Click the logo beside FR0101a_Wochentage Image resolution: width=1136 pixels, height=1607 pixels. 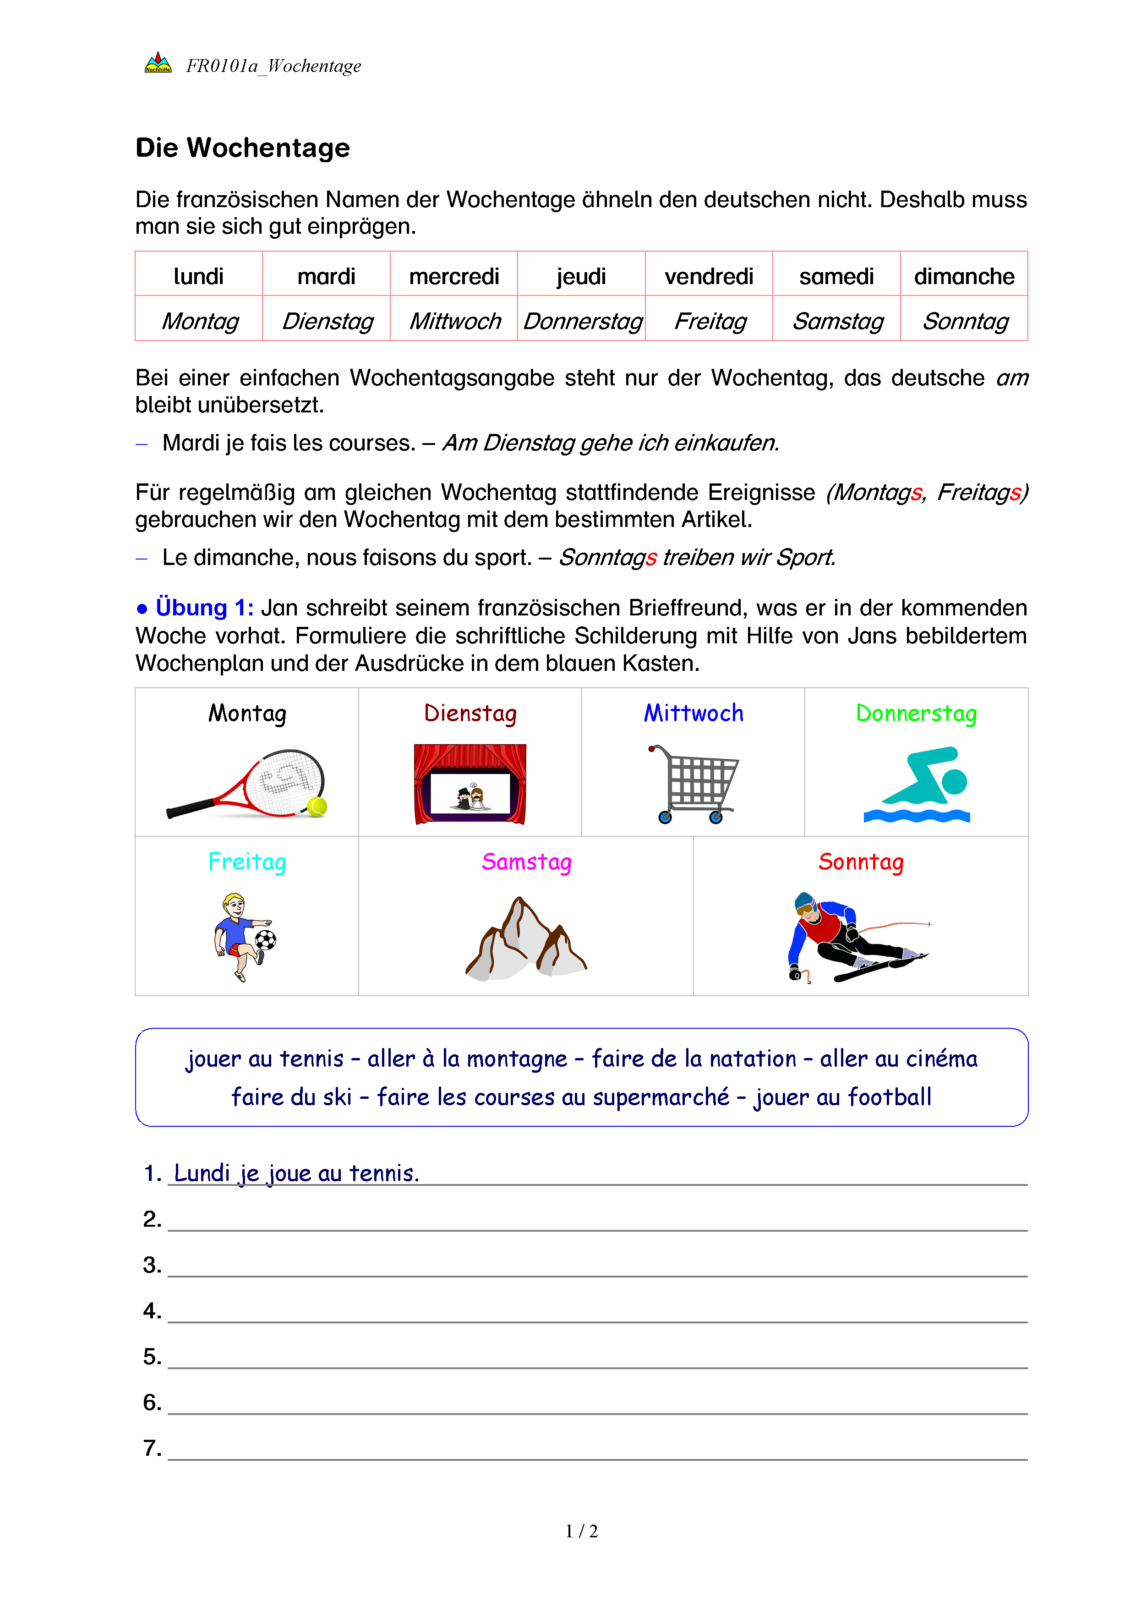[x=158, y=63]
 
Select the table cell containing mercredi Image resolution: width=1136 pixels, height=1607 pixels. [x=454, y=276]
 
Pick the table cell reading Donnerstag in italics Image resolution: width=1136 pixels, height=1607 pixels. [x=582, y=321]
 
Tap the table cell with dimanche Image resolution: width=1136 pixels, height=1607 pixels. [x=963, y=276]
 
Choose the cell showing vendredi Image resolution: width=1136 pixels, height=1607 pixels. [x=709, y=276]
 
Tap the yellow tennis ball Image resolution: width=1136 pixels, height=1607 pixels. [x=317, y=806]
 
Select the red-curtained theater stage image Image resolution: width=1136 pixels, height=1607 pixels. [x=470, y=784]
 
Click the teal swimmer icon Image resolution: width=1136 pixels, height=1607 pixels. [x=916, y=784]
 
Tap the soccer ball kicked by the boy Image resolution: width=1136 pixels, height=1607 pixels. [x=266, y=940]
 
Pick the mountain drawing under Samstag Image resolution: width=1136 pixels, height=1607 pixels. [x=526, y=938]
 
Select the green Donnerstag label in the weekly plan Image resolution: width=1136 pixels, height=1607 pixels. [x=916, y=713]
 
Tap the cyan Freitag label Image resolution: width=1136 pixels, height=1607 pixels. [x=247, y=861]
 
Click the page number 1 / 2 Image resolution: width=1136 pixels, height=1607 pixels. [x=581, y=1531]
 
